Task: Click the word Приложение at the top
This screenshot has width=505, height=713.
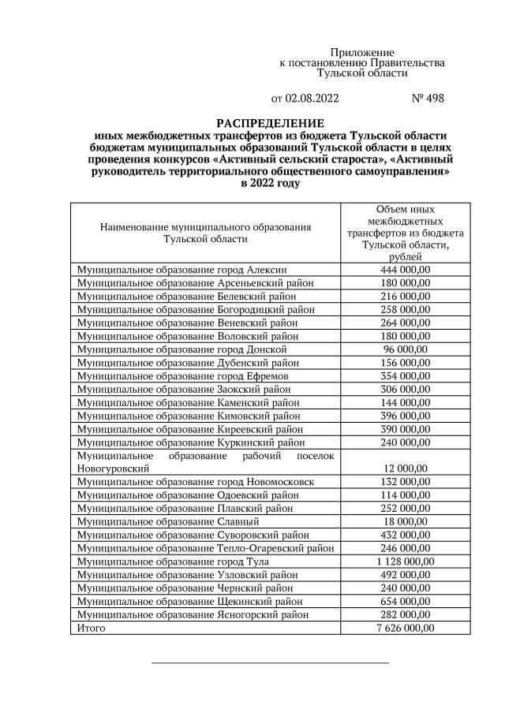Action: point(362,52)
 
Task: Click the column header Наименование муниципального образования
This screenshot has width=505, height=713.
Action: point(206,226)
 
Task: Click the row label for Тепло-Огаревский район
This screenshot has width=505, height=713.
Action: point(205,548)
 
